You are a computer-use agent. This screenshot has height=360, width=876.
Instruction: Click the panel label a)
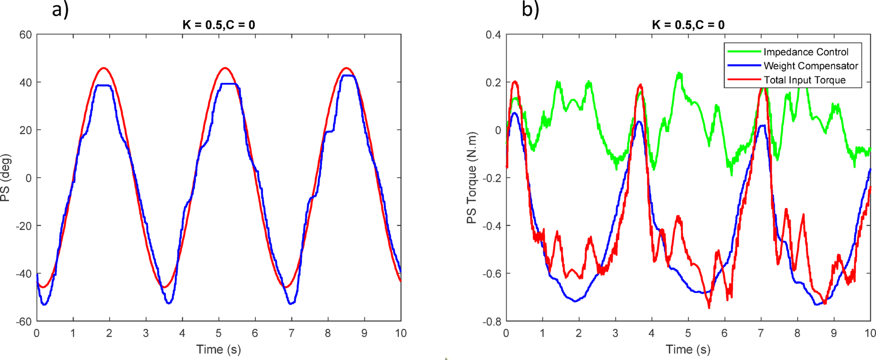[60, 9]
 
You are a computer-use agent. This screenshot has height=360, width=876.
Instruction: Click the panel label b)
[530, 9]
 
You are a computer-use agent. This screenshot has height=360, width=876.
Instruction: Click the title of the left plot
[219, 25]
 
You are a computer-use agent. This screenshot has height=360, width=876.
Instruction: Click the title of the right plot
[688, 25]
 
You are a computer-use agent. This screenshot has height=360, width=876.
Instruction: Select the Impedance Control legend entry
[805, 52]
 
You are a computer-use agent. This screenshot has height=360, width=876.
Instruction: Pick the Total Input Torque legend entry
[804, 80]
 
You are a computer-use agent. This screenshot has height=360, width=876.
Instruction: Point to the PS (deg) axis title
[5, 178]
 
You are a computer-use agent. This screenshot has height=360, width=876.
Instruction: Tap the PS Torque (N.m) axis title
[472, 178]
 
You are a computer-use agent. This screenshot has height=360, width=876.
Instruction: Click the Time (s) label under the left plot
[219, 350]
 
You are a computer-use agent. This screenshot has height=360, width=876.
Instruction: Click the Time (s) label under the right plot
[688, 350]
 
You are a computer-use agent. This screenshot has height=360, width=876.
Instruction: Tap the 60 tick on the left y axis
[26, 35]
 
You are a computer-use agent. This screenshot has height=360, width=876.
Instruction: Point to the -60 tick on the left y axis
[24, 322]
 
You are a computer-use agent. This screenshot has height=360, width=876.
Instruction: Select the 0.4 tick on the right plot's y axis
[493, 35]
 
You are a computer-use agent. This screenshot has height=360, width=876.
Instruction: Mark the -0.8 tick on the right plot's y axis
[492, 322]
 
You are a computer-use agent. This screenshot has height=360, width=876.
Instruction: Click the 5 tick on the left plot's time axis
[219, 333]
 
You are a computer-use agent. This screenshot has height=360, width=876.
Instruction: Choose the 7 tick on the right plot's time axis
[761, 333]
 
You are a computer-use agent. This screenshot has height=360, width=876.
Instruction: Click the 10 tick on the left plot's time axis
[400, 333]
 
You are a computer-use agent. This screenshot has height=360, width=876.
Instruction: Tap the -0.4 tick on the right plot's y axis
[492, 226]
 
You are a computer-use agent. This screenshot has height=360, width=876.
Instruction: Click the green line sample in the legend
[743, 52]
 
